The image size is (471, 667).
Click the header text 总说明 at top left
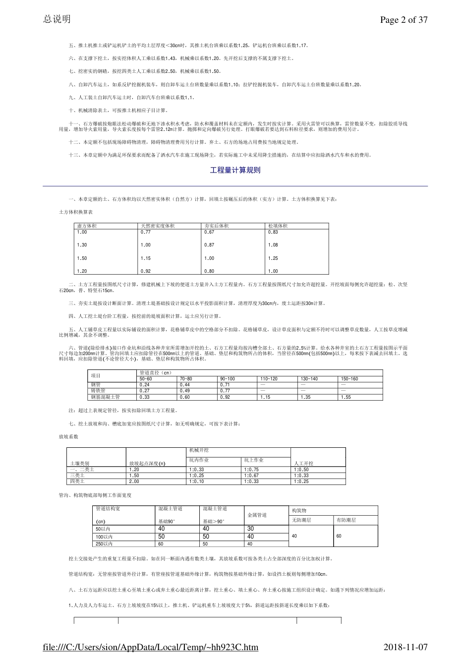pos(57,19)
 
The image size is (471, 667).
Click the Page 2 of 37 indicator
pos(403,20)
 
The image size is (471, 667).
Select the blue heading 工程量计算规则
pos(235,170)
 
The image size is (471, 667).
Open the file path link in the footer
pos(151,647)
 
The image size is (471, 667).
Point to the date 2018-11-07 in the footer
pos(406,647)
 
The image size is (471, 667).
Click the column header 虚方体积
pos(87,226)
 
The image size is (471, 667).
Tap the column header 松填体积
pos(278,226)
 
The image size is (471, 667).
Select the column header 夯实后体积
pos(217,226)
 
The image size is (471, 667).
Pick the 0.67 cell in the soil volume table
pos(209,232)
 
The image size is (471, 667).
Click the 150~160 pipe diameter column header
pos(349,379)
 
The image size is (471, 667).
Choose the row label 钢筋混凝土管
pos(106,397)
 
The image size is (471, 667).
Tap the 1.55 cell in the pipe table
pos(346,397)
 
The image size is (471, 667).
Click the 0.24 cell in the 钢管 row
pos(145,385)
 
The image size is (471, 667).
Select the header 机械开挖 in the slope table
pos(199,450)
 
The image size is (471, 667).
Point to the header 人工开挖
pos(304,463)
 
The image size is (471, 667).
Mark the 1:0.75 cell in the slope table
pos(251,469)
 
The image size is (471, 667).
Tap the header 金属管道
pos(257,515)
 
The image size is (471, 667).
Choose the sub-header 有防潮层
pos(346,520)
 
